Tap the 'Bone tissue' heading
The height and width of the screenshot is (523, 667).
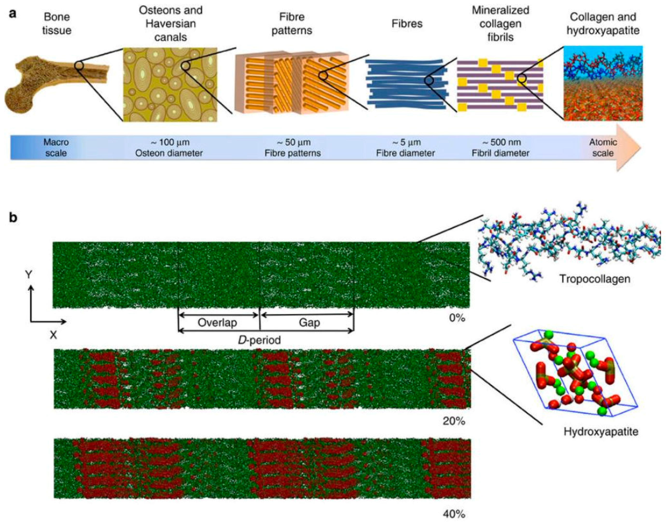point(57,24)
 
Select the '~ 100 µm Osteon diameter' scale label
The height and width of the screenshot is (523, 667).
point(169,148)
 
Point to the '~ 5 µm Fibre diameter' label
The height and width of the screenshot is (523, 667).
point(405,148)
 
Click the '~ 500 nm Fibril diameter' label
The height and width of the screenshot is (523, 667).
point(501,148)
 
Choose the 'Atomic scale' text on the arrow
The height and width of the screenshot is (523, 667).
point(603,148)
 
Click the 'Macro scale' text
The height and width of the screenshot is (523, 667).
point(56,148)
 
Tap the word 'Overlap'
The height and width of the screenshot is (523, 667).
point(217,322)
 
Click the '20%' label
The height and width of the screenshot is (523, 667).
point(454,421)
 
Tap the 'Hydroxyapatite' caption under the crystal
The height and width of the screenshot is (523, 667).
point(601,431)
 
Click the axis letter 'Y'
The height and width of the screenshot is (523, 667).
point(29,275)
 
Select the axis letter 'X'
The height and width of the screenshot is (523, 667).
point(54,335)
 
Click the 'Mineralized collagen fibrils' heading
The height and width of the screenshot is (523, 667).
point(501,24)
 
